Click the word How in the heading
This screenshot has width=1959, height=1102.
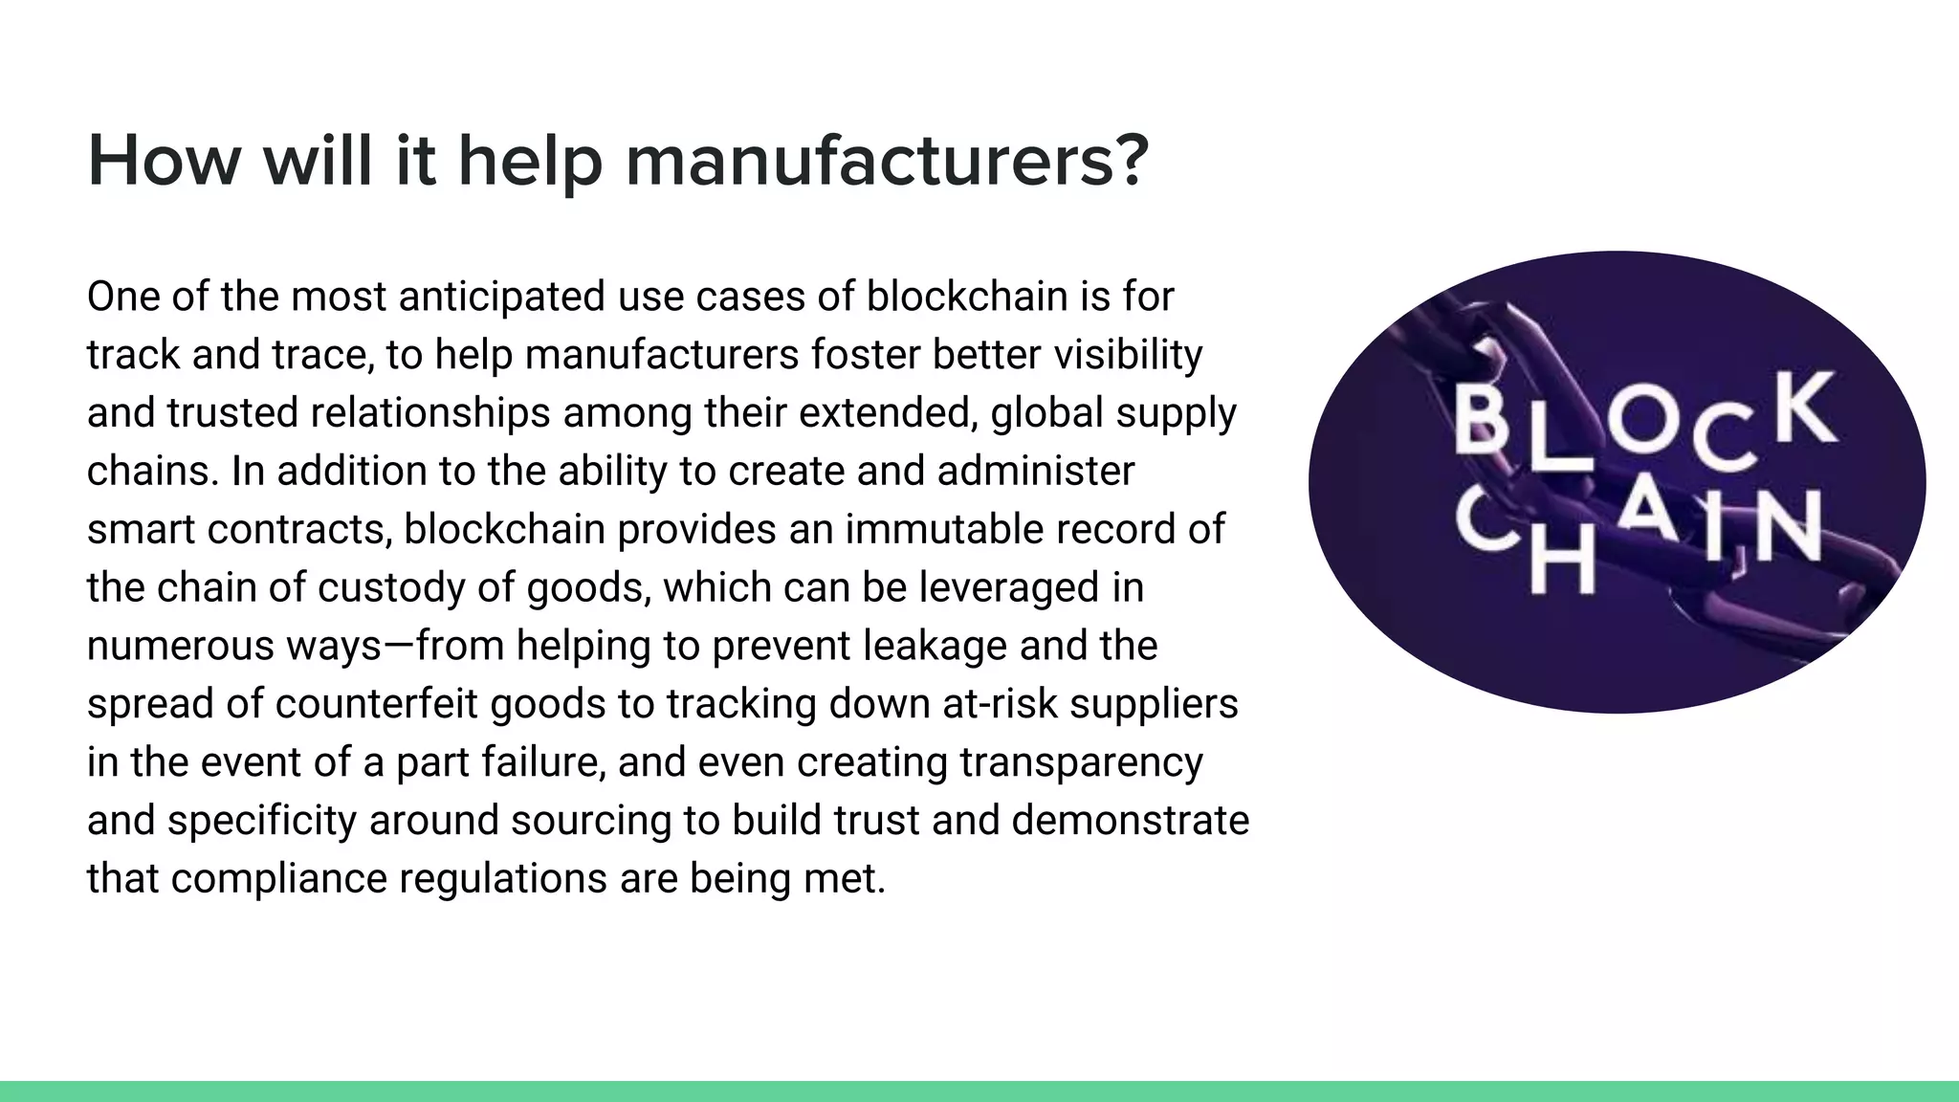coord(164,161)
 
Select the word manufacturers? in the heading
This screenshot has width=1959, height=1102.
coord(886,161)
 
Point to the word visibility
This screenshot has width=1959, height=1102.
coord(1128,356)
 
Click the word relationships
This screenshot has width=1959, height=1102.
coord(430,413)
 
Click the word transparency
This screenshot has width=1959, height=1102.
coord(1081,762)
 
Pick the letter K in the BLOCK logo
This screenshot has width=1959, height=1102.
coord(1805,409)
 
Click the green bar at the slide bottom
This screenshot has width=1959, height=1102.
coord(979,1091)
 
